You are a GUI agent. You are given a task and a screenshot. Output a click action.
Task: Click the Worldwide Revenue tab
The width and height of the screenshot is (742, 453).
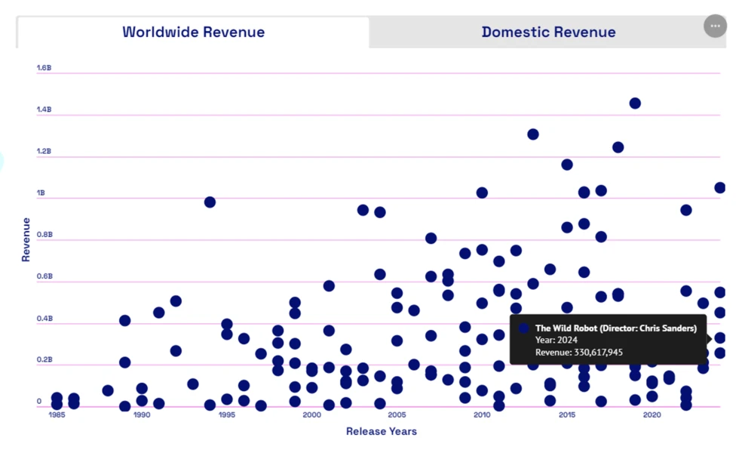tap(193, 32)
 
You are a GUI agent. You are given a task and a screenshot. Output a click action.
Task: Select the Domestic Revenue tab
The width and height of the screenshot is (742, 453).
tap(548, 32)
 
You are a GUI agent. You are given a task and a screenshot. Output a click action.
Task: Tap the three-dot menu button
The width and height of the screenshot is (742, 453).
tap(715, 26)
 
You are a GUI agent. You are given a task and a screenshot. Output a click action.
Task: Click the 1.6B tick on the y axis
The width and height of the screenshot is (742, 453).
tap(44, 68)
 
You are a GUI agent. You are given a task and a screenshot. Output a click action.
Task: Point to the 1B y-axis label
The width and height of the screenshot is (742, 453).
tap(41, 193)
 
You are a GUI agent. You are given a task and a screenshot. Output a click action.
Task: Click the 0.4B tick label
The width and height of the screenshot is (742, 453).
tap(44, 319)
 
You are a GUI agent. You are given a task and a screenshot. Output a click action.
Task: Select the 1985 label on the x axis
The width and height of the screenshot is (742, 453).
tap(57, 414)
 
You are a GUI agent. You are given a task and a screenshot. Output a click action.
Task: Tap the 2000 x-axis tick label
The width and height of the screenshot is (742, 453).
tap(311, 414)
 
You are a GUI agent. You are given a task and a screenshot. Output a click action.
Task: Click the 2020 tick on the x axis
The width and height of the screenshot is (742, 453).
tap(652, 414)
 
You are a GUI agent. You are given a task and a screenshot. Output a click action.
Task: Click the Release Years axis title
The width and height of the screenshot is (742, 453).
tap(381, 431)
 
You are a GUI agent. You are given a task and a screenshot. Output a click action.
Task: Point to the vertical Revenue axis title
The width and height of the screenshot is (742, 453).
tap(26, 239)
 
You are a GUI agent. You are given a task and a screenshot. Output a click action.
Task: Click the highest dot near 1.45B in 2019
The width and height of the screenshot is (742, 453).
tap(635, 103)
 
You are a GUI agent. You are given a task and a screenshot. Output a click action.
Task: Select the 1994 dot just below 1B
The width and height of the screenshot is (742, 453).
tap(210, 202)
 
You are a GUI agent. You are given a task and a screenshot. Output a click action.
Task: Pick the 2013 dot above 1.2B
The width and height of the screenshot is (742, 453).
tap(533, 134)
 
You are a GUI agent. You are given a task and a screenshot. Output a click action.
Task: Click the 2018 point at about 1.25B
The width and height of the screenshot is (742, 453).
tap(618, 147)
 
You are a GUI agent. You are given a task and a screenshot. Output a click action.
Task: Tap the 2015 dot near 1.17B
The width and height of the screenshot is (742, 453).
tap(567, 165)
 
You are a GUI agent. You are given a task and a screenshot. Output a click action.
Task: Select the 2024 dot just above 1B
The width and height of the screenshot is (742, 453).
tap(719, 188)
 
